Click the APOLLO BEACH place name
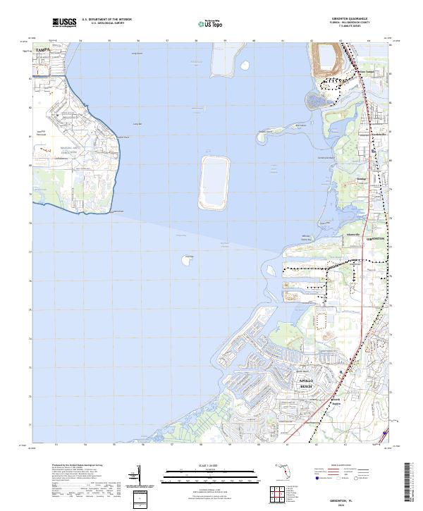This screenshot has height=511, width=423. pos(306,383)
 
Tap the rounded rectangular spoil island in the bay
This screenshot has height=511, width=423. pos(215,183)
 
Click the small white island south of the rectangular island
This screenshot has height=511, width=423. pos(188,261)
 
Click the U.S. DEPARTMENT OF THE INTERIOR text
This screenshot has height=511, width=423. pos(106,20)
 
